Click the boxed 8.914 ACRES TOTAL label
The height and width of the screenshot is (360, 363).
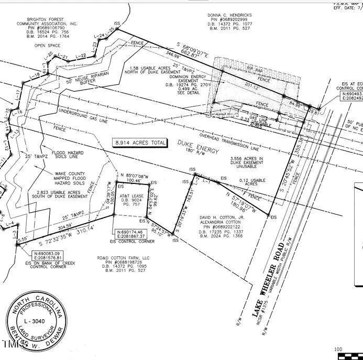140,143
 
